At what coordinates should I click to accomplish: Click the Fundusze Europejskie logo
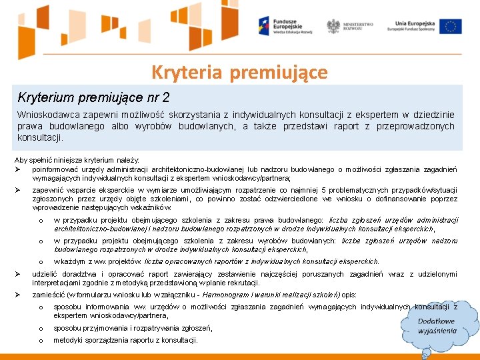(x=281, y=26)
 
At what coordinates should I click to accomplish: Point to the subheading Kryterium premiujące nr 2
(x=84, y=97)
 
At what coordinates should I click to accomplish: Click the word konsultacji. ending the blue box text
(x=40, y=138)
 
